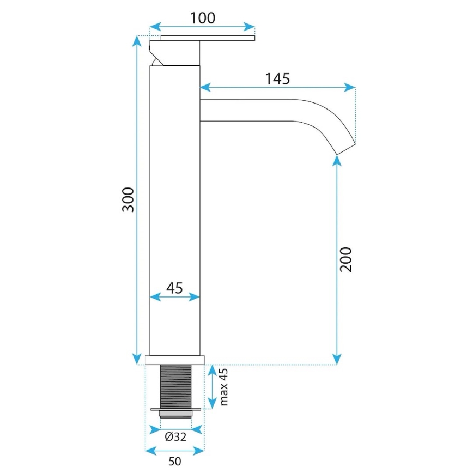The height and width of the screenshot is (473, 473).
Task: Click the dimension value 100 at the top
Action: [x=202, y=17]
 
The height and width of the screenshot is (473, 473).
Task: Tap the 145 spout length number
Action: [x=277, y=78]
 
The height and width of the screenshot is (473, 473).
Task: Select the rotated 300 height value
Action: [x=128, y=200]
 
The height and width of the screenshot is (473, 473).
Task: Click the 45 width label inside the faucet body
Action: [x=174, y=287]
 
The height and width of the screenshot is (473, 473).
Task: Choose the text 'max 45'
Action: [x=223, y=387]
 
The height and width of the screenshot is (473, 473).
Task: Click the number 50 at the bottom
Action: [x=174, y=462]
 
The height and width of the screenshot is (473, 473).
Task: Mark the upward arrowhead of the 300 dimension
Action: [x=137, y=41]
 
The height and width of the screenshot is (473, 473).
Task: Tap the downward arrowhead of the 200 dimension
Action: [x=337, y=359]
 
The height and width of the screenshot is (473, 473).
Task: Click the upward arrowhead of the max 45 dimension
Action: [x=213, y=371]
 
